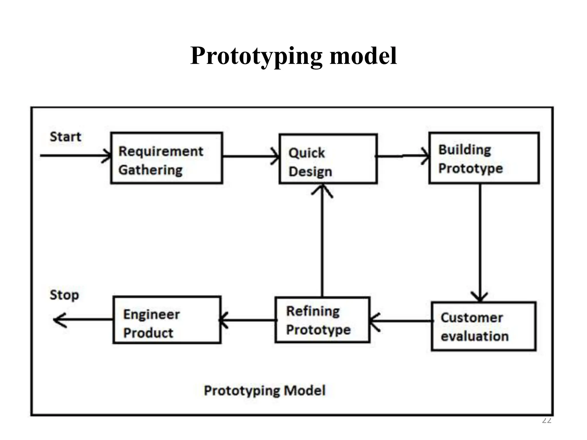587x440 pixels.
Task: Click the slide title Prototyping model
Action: (293, 56)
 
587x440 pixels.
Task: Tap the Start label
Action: (65, 137)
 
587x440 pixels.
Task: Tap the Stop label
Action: (64, 295)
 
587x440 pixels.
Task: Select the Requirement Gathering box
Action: (167, 158)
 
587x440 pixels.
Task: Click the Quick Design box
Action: (328, 158)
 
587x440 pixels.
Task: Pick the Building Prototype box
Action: (484, 158)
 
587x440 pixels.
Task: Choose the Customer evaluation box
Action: (484, 326)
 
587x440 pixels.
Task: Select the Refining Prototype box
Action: (322, 320)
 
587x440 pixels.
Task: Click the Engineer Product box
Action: (167, 320)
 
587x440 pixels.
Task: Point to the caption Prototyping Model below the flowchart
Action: (265, 390)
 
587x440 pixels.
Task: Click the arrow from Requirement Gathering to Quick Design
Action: (250, 156)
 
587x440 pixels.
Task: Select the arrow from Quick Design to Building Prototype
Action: (403, 156)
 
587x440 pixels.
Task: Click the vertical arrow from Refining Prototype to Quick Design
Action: (322, 241)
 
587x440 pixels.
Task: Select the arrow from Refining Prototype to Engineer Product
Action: (248, 320)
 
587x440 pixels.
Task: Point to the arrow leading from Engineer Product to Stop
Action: (83, 319)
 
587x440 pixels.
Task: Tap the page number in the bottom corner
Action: (547, 421)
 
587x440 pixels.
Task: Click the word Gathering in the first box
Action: (150, 170)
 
